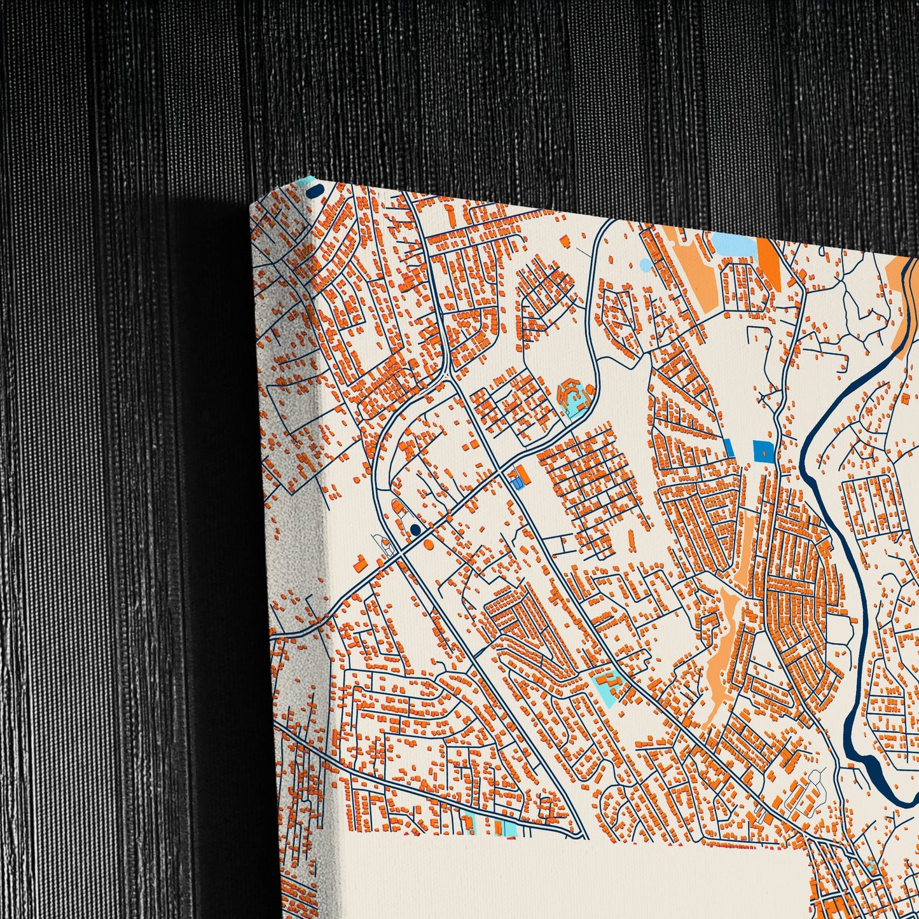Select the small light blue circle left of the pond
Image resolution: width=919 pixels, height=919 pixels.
tap(646, 264)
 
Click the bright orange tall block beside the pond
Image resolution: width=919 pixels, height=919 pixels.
tap(769, 262)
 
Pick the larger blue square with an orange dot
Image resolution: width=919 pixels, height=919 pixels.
tap(762, 451)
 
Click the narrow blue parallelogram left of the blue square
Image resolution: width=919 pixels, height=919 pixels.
tap(729, 448)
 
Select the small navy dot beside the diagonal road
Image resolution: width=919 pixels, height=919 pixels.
tap(415, 529)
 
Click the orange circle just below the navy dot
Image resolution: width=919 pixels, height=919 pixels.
tap(428, 545)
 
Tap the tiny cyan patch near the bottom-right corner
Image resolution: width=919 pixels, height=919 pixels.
tap(870, 865)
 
